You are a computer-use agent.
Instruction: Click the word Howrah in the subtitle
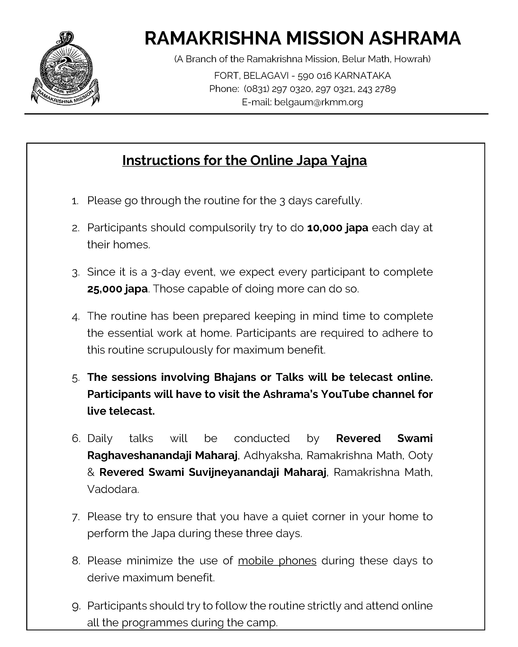(x=412, y=59)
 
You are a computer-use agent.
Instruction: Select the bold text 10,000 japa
(x=338, y=228)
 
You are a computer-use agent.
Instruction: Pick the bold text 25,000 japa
(x=117, y=289)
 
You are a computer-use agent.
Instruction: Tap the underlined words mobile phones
(x=277, y=561)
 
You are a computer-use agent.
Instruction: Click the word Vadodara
(x=112, y=489)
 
